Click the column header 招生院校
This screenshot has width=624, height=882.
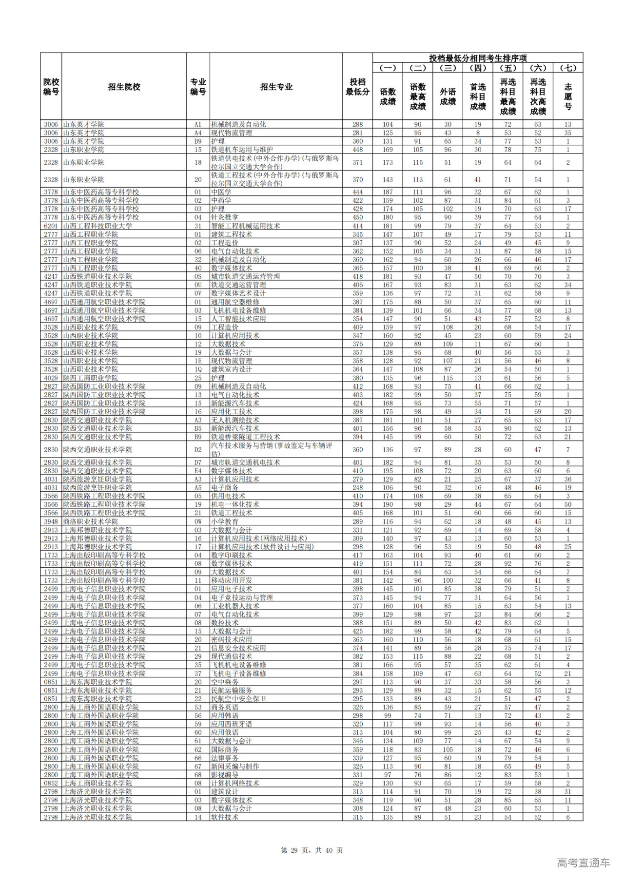point(124,87)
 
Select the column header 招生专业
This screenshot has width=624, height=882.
point(276,87)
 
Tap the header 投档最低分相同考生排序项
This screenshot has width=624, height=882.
point(477,58)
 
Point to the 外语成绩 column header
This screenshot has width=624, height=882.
point(448,96)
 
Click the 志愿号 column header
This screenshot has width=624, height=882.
point(567,96)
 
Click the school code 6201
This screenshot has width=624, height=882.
point(51,226)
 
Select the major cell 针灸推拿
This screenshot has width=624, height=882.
point(225,217)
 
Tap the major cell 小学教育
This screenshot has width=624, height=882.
point(225,521)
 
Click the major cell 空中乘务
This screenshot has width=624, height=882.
point(225,682)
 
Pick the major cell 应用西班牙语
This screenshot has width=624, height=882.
point(232,724)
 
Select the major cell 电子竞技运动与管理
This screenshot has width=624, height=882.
point(242,597)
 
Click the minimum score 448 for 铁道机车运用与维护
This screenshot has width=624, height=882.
point(357,150)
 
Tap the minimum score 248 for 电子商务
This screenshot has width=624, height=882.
point(357,488)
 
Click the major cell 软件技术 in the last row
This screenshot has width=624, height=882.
point(225,817)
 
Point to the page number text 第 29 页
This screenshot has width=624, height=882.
point(296,850)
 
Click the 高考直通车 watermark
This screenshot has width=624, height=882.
point(583,863)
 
